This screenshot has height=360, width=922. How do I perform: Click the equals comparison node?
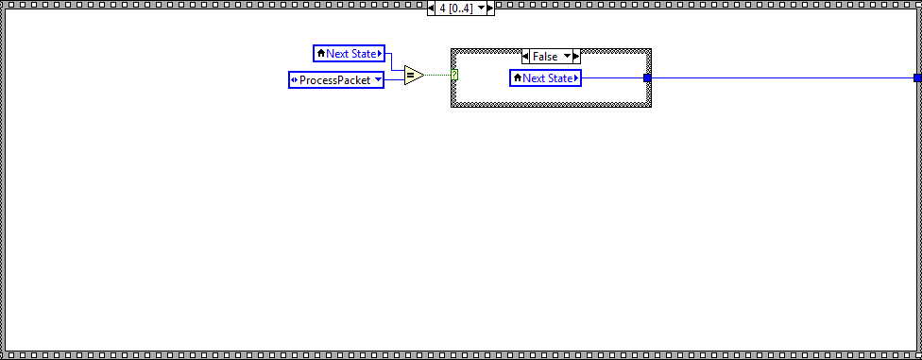pyautogui.click(x=413, y=75)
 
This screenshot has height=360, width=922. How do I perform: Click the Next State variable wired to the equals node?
pyautogui.click(x=350, y=54)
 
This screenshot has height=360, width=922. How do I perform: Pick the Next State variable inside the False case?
pyautogui.click(x=547, y=77)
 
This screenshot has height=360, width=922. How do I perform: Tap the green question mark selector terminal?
pyautogui.click(x=455, y=75)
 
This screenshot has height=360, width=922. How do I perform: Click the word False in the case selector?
pyautogui.click(x=545, y=57)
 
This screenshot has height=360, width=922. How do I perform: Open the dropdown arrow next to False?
pyautogui.click(x=568, y=57)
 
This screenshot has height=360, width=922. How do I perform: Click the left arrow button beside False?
pyautogui.click(x=526, y=57)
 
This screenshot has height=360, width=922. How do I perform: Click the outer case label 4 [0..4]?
pyautogui.click(x=455, y=8)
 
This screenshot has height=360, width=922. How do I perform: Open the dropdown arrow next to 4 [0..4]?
pyautogui.click(x=480, y=8)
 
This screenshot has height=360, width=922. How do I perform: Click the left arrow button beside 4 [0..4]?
pyautogui.click(x=432, y=8)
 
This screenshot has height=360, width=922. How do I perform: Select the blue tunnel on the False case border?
pyautogui.click(x=647, y=77)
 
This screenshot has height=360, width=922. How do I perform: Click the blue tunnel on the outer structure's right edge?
pyautogui.click(x=917, y=77)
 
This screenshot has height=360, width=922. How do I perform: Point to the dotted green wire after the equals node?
pyautogui.click(x=438, y=75)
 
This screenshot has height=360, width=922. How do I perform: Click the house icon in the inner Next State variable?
pyautogui.click(x=517, y=77)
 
